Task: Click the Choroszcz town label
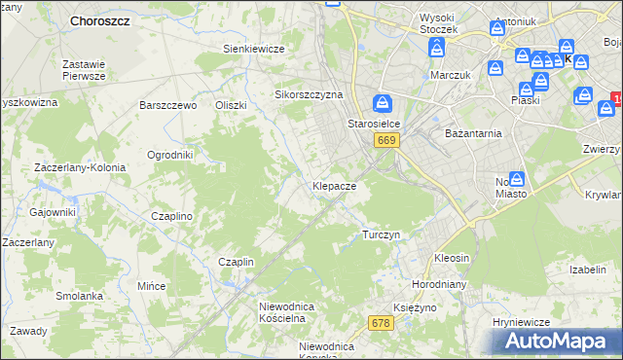(x=101, y=20)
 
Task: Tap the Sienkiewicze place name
(x=253, y=49)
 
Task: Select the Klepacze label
(x=334, y=185)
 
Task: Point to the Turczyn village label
(x=381, y=235)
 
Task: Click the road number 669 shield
(x=386, y=141)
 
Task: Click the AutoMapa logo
(x=559, y=341)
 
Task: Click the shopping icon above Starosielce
(x=384, y=102)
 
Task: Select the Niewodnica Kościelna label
(x=282, y=312)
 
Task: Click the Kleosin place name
(x=452, y=258)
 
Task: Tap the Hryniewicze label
(x=522, y=322)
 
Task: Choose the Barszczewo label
(x=168, y=105)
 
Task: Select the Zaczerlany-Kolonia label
(x=80, y=167)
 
